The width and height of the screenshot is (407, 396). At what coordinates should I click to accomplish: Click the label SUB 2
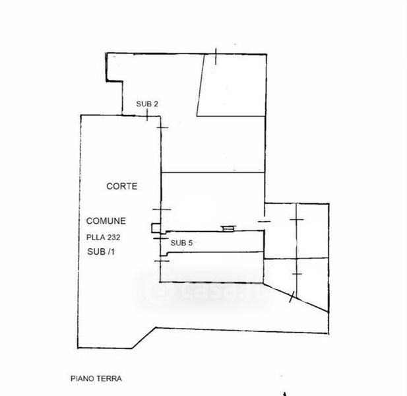[147, 104]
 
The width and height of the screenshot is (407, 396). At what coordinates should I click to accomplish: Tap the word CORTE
[122, 186]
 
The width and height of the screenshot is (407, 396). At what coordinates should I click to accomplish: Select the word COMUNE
[106, 221]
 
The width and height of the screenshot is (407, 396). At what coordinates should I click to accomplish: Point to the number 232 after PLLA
[113, 238]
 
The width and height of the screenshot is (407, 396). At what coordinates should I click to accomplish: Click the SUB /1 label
[101, 251]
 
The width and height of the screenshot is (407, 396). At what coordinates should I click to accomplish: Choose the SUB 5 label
[181, 243]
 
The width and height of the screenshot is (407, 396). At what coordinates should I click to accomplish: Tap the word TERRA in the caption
[109, 378]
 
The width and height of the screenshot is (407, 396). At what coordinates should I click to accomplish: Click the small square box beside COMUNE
[156, 228]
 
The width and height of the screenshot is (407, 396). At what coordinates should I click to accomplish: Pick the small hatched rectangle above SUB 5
[228, 229]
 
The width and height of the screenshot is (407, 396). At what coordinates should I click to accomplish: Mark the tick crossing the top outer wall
[216, 56]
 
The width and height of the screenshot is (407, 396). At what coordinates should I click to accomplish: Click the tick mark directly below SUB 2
[147, 115]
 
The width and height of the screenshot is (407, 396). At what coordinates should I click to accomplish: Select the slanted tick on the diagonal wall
[292, 297]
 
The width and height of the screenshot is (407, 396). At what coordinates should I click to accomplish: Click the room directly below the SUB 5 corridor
[212, 267]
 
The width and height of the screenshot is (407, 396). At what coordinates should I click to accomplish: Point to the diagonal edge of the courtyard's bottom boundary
[144, 338]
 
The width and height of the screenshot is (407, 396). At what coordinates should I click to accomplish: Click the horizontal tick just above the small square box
[162, 209]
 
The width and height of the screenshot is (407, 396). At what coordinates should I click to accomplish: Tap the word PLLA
[96, 238]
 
